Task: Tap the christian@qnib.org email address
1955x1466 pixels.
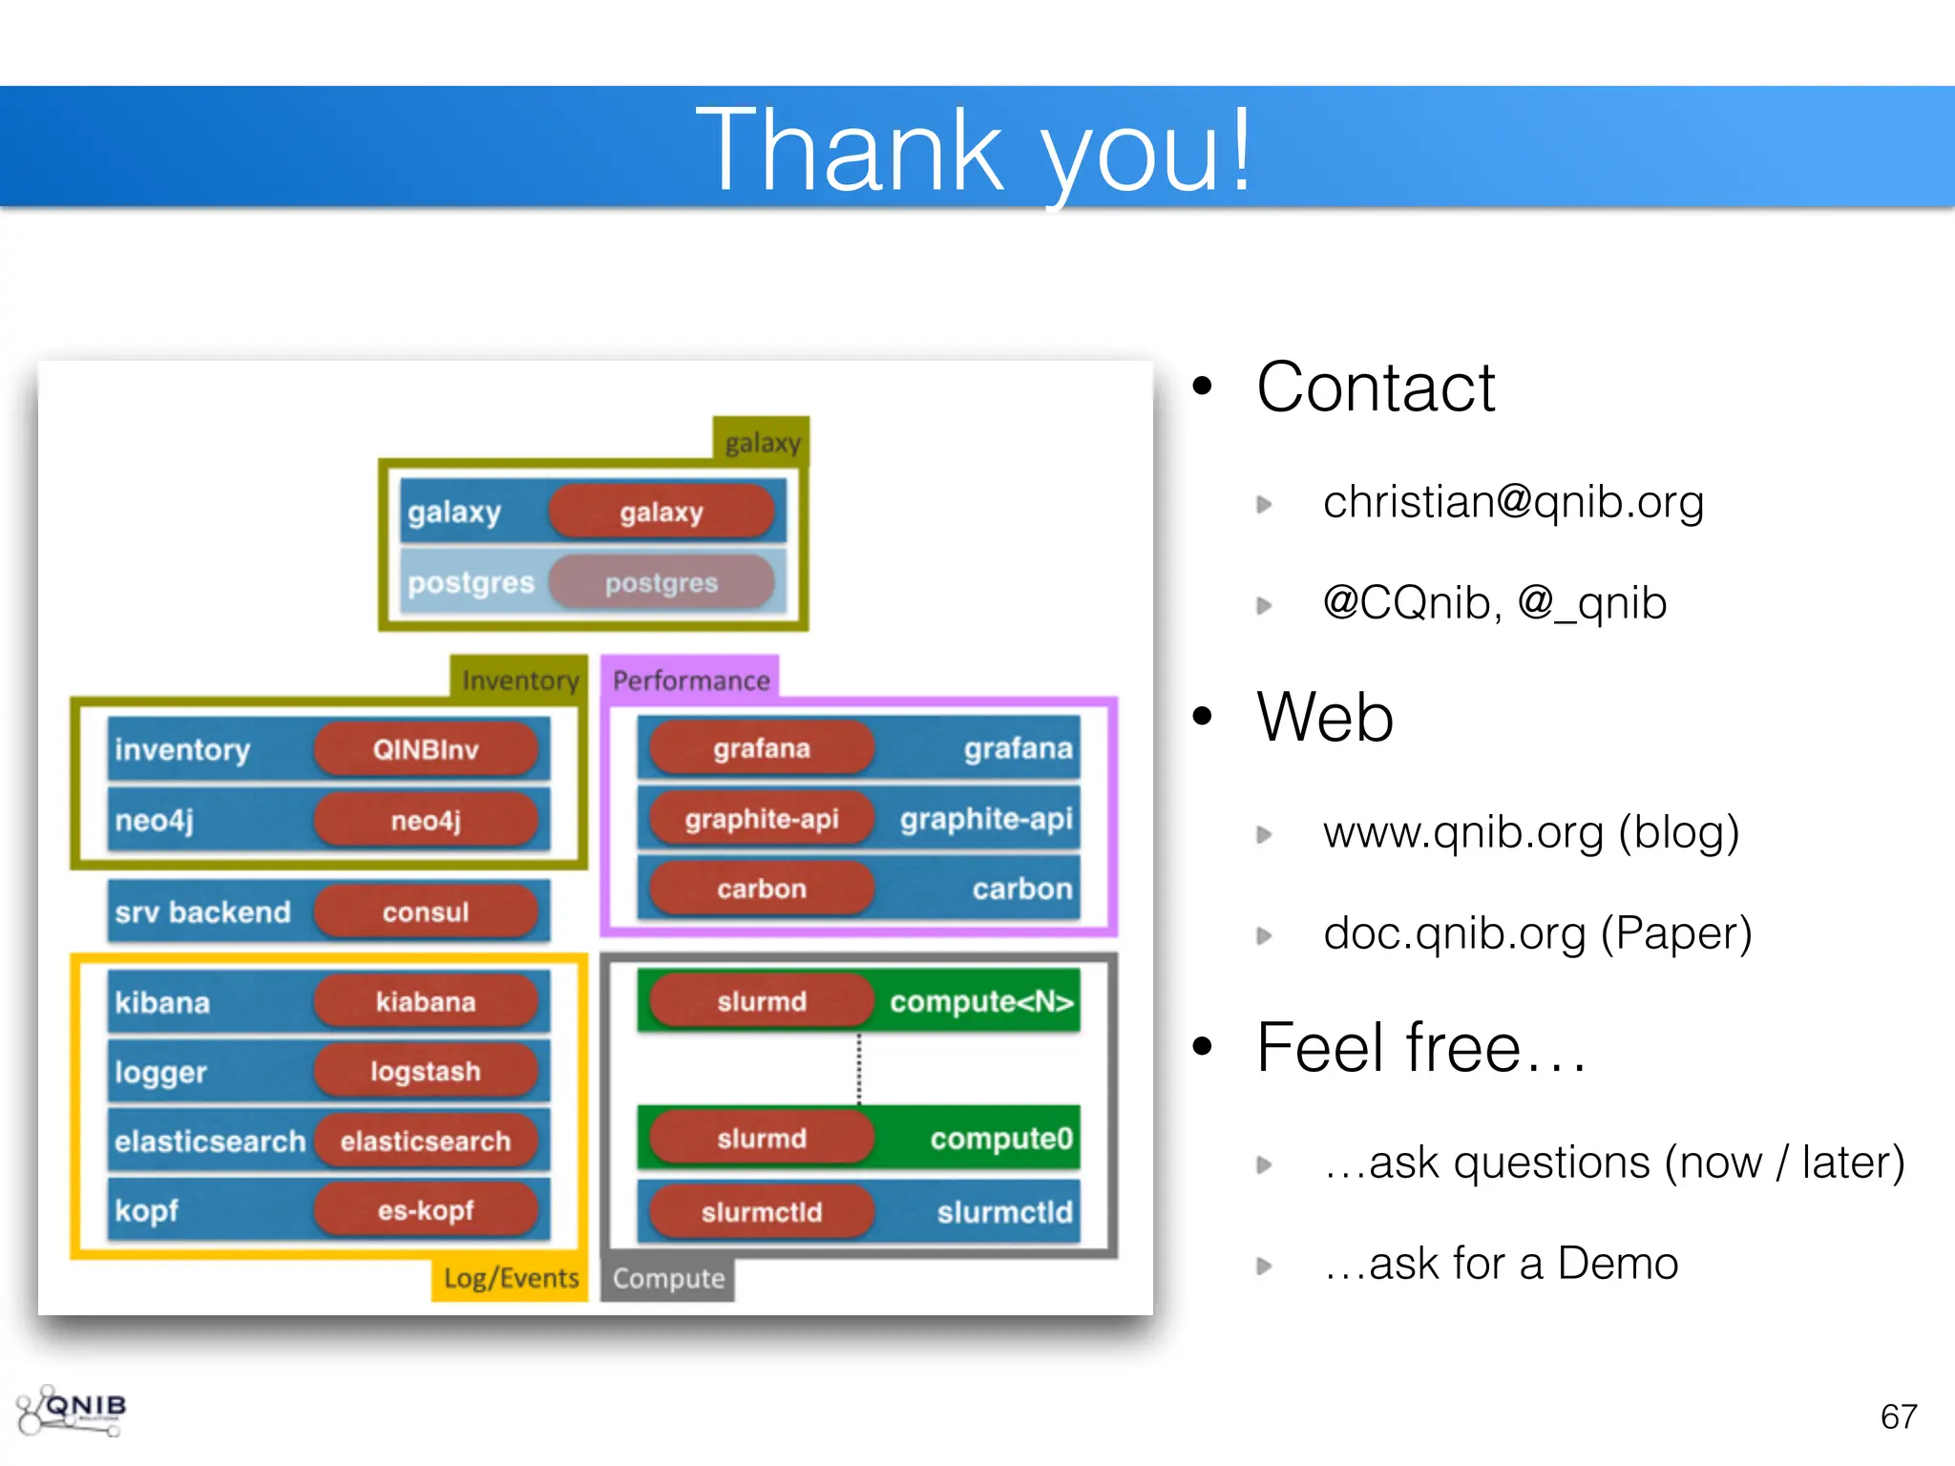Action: click(1512, 502)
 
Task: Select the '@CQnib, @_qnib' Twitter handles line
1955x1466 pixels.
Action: click(1494, 603)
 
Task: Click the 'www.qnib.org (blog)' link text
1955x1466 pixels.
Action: click(1530, 832)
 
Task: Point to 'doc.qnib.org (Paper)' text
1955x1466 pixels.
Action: click(1537, 933)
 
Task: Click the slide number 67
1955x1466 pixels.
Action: click(1898, 1416)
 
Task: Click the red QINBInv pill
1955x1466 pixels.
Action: click(426, 749)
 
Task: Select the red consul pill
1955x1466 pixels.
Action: click(426, 911)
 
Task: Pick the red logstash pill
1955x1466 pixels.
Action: click(426, 1071)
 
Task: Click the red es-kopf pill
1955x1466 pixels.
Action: click(426, 1210)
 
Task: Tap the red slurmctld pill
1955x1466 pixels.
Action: click(762, 1212)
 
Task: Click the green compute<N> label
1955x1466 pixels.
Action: click(981, 1001)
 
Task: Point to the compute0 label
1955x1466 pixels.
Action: click(1000, 1139)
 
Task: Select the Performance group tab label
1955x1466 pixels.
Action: click(691, 681)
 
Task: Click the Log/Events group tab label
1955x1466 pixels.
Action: click(511, 1278)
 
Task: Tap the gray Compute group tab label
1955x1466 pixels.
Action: click(668, 1279)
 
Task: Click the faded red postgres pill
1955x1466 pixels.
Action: click(661, 582)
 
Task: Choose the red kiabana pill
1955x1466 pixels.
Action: click(426, 1001)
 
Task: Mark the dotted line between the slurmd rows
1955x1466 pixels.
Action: click(859, 1069)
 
